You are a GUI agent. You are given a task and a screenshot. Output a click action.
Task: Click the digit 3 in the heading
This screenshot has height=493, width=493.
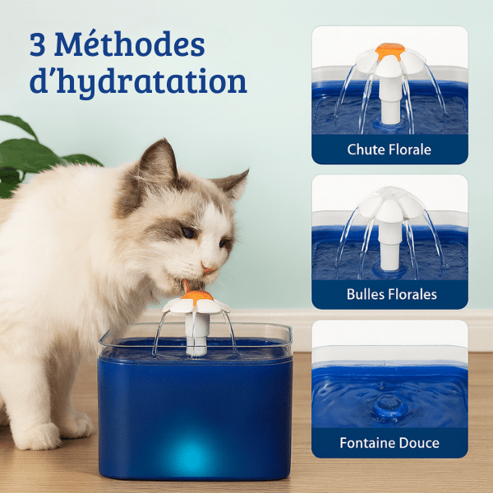[x=39, y=44]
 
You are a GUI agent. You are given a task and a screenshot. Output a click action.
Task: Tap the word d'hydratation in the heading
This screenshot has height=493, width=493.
[x=138, y=82]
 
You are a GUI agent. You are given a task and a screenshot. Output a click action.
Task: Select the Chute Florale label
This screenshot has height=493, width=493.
[x=389, y=150]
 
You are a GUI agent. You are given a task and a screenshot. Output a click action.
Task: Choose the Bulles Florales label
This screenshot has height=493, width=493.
[x=389, y=294]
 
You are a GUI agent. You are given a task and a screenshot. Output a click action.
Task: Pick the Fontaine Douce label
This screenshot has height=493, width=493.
[x=389, y=443]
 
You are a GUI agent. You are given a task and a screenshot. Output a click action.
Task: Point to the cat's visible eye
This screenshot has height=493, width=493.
[x=188, y=233]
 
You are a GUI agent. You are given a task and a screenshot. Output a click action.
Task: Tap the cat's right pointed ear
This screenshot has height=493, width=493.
[x=233, y=184]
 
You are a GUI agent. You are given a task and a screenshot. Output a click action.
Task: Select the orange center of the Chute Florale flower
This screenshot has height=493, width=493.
[x=389, y=51]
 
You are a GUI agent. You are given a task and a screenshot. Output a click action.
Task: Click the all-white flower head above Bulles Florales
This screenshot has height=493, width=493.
[x=389, y=202]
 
